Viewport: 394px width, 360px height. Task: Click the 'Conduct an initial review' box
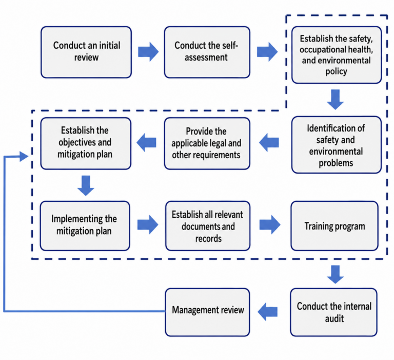point(86,52)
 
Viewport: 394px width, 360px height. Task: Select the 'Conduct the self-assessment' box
point(207,52)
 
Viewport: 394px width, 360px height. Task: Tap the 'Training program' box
point(334,226)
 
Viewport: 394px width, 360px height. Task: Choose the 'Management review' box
point(208,312)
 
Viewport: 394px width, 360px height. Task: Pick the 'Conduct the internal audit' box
point(333,312)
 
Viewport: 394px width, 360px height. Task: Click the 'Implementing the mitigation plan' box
point(85,226)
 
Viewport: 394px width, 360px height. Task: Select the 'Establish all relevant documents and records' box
point(208,226)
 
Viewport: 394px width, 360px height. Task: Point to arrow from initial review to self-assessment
point(148,52)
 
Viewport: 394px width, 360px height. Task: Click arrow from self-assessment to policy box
point(267,52)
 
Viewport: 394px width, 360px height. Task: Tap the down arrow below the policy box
point(336,99)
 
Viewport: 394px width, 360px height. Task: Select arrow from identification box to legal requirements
point(269,142)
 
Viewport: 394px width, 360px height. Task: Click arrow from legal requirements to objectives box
point(147,142)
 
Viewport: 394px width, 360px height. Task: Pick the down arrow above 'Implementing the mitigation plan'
point(86,186)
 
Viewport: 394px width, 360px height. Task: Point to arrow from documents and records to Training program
point(270,224)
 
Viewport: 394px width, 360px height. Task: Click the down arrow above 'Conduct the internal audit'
point(336,274)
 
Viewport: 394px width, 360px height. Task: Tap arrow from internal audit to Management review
point(268,312)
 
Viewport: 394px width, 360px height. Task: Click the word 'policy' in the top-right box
point(336,71)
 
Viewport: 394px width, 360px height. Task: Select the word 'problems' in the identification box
point(336,163)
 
